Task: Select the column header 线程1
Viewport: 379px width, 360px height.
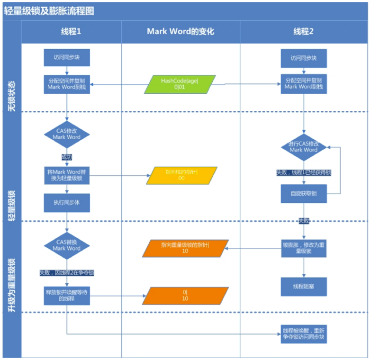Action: (x=71, y=32)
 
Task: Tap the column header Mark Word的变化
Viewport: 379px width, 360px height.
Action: (x=180, y=32)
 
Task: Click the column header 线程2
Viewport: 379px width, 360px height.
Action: (x=304, y=32)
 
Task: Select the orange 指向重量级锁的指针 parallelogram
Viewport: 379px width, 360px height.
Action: (x=185, y=248)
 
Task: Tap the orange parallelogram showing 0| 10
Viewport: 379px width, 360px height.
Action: (x=185, y=296)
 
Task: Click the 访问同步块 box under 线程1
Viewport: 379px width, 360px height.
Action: (x=67, y=57)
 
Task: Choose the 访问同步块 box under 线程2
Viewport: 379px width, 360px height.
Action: (x=304, y=58)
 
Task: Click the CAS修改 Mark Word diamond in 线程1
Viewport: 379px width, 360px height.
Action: (x=67, y=134)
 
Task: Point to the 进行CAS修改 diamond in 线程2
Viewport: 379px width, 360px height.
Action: (x=304, y=146)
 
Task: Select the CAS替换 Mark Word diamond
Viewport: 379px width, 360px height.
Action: (x=67, y=245)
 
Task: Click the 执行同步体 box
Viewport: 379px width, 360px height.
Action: (x=67, y=202)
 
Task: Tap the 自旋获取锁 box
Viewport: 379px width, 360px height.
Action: (x=304, y=193)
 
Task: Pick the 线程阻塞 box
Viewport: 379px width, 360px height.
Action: (x=304, y=287)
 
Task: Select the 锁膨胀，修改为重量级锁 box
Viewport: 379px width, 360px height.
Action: (x=304, y=248)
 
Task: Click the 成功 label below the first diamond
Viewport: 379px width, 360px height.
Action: (x=67, y=157)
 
